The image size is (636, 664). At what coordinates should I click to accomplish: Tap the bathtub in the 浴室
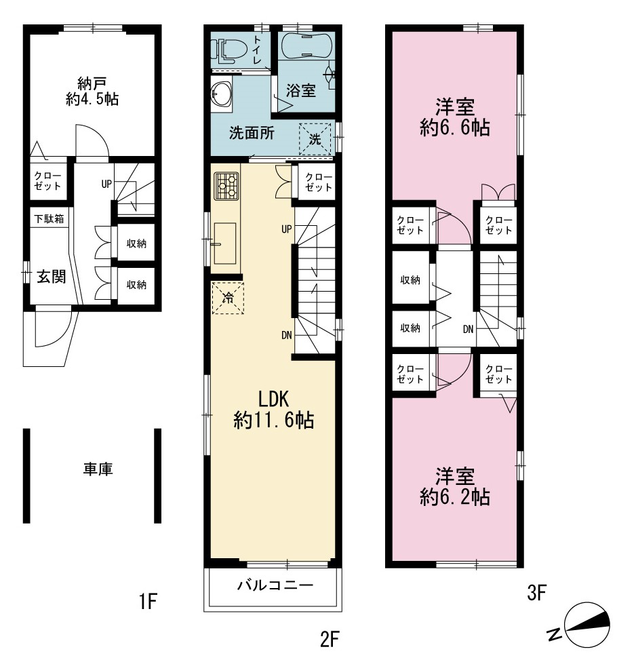coord(304,45)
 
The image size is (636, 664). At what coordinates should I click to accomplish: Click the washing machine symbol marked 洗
coord(315,139)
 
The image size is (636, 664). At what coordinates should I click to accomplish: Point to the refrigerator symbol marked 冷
coord(228,298)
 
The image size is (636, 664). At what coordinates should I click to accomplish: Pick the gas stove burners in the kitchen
coord(226,185)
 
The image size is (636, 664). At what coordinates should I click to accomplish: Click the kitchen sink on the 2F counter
coord(225,243)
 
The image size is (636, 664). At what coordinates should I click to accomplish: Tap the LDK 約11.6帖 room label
coord(273,410)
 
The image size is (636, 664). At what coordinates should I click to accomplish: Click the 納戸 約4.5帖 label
coord(92,91)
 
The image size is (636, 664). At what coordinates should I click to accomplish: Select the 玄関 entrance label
coord(52,277)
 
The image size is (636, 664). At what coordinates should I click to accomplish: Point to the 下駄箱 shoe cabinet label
coord(49,218)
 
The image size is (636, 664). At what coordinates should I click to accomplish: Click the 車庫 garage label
coord(98,469)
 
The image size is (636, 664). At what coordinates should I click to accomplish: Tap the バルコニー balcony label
coord(275,585)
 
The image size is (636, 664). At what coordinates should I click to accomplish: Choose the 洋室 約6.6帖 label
coord(455,117)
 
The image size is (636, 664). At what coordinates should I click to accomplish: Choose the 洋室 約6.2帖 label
coord(455,486)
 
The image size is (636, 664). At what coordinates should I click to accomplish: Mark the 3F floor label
coord(536,592)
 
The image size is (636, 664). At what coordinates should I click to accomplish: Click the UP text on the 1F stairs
coord(106,184)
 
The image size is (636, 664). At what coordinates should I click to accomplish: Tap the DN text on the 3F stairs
coord(468,329)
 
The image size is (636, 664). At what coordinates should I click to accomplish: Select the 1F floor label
coord(148,602)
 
